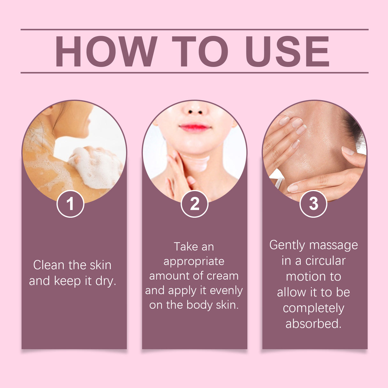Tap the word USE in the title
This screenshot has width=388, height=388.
point(287,51)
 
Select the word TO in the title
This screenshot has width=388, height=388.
point(200,51)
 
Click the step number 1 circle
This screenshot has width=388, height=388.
point(70,204)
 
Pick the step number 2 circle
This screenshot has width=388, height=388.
point(194,204)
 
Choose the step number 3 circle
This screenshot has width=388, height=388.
point(313,204)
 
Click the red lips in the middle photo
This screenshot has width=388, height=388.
point(195,128)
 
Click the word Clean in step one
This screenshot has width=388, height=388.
point(49,265)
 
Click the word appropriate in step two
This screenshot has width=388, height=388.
point(194,262)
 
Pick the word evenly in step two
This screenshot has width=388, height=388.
point(226,290)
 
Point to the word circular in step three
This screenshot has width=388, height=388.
point(325,261)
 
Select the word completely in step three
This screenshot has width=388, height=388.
point(313,308)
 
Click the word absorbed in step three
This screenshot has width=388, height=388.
point(313,323)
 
